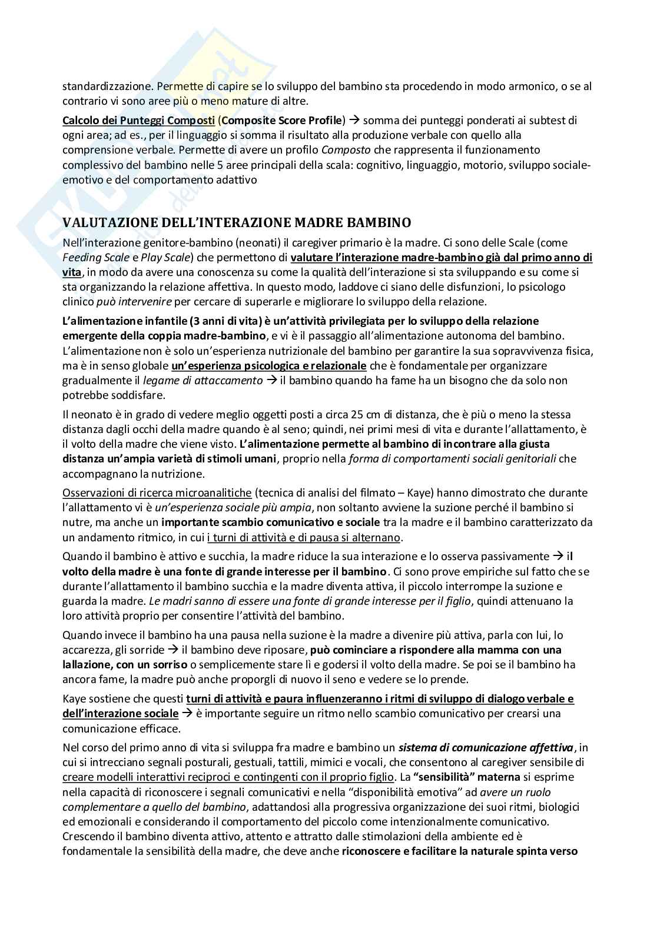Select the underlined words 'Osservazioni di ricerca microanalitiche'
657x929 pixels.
(x=157, y=492)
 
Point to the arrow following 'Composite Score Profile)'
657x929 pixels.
(x=354, y=121)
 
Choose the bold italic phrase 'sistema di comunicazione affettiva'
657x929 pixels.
(x=486, y=748)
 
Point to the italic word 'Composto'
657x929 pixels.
(x=343, y=150)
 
